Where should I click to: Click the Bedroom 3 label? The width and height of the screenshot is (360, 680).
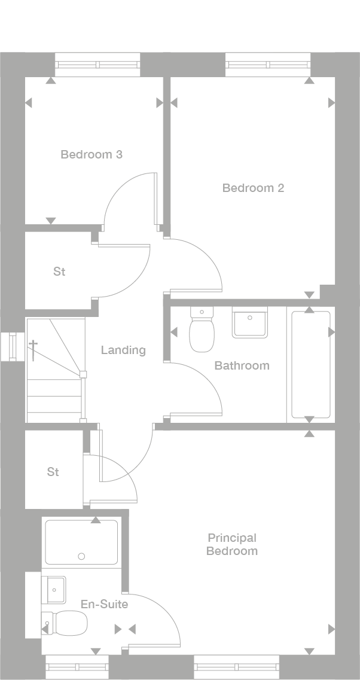point(91,154)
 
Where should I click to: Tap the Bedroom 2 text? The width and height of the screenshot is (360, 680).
point(253,188)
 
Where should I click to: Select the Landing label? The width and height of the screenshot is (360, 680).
point(123,350)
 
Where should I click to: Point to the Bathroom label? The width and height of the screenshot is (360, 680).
point(242,365)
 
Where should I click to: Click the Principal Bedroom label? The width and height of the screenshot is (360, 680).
point(232,544)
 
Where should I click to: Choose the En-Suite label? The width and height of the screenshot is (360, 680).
point(104,604)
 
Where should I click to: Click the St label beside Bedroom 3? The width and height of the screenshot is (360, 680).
point(59,272)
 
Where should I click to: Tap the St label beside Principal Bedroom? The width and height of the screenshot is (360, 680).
point(53,472)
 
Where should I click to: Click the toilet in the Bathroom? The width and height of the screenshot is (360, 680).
point(202,332)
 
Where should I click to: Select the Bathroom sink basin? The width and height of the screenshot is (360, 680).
point(251,324)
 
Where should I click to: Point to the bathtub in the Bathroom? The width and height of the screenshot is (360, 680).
point(310,364)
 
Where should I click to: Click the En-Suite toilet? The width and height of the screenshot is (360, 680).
point(66,623)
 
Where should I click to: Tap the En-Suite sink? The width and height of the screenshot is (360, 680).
point(54,590)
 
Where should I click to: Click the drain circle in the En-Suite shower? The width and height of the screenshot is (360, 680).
point(81,556)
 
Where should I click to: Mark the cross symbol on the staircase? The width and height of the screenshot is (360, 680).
point(33,350)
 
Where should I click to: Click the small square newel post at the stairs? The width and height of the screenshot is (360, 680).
point(83,375)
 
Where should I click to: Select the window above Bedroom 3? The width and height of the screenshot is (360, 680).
point(97,65)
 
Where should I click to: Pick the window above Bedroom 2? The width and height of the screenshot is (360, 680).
point(268,65)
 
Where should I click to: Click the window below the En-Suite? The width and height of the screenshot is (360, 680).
point(77,667)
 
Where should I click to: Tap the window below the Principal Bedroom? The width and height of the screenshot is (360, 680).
point(236,667)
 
